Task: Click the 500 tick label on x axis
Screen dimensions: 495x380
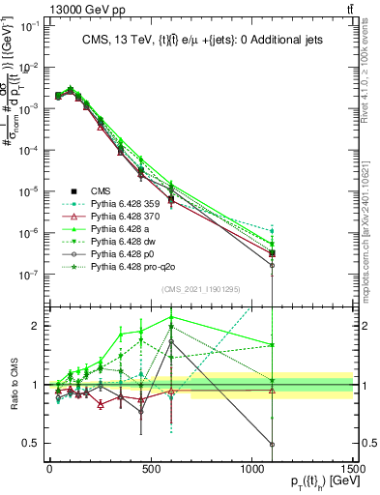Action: coord(151,469)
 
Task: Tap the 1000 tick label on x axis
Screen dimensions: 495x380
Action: coord(252,469)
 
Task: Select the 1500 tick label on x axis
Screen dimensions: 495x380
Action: coord(353,469)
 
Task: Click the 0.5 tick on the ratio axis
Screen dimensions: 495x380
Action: coord(32,444)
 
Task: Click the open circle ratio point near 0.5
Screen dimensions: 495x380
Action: coord(273,445)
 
